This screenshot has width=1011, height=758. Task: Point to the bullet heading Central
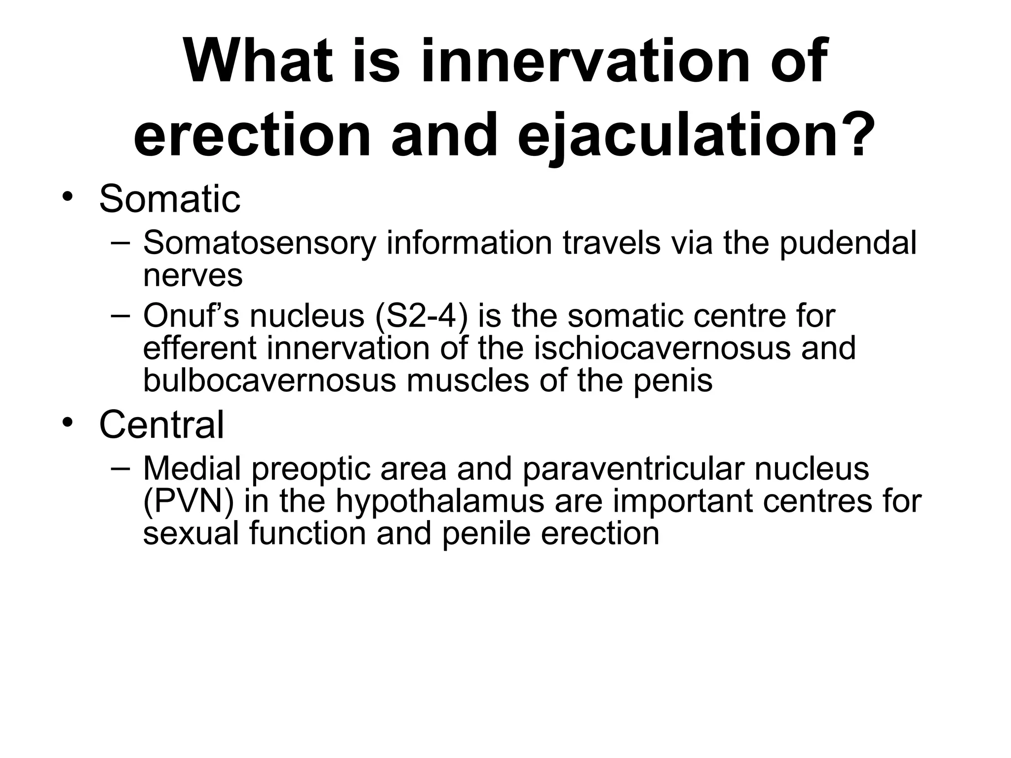(161, 425)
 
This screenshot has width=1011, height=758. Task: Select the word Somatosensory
(259, 244)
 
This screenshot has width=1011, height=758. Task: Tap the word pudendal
(848, 244)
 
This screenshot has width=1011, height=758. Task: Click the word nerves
(193, 276)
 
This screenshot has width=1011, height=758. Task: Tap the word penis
(673, 380)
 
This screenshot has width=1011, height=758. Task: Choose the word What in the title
(258, 63)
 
